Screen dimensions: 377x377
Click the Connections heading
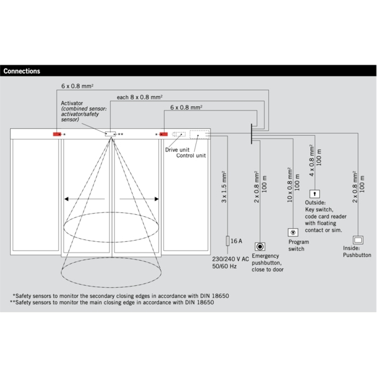click(22, 71)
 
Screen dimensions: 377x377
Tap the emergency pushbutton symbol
click(260, 246)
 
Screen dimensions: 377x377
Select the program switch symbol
click(293, 232)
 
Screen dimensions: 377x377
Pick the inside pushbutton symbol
click(359, 240)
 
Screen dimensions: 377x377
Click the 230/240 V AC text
click(231, 259)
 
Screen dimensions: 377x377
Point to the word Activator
click(73, 102)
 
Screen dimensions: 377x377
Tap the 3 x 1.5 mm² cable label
click(224, 187)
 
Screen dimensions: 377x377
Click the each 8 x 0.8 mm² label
click(140, 97)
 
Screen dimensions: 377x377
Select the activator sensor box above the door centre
click(111, 134)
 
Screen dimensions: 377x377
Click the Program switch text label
click(297, 245)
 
